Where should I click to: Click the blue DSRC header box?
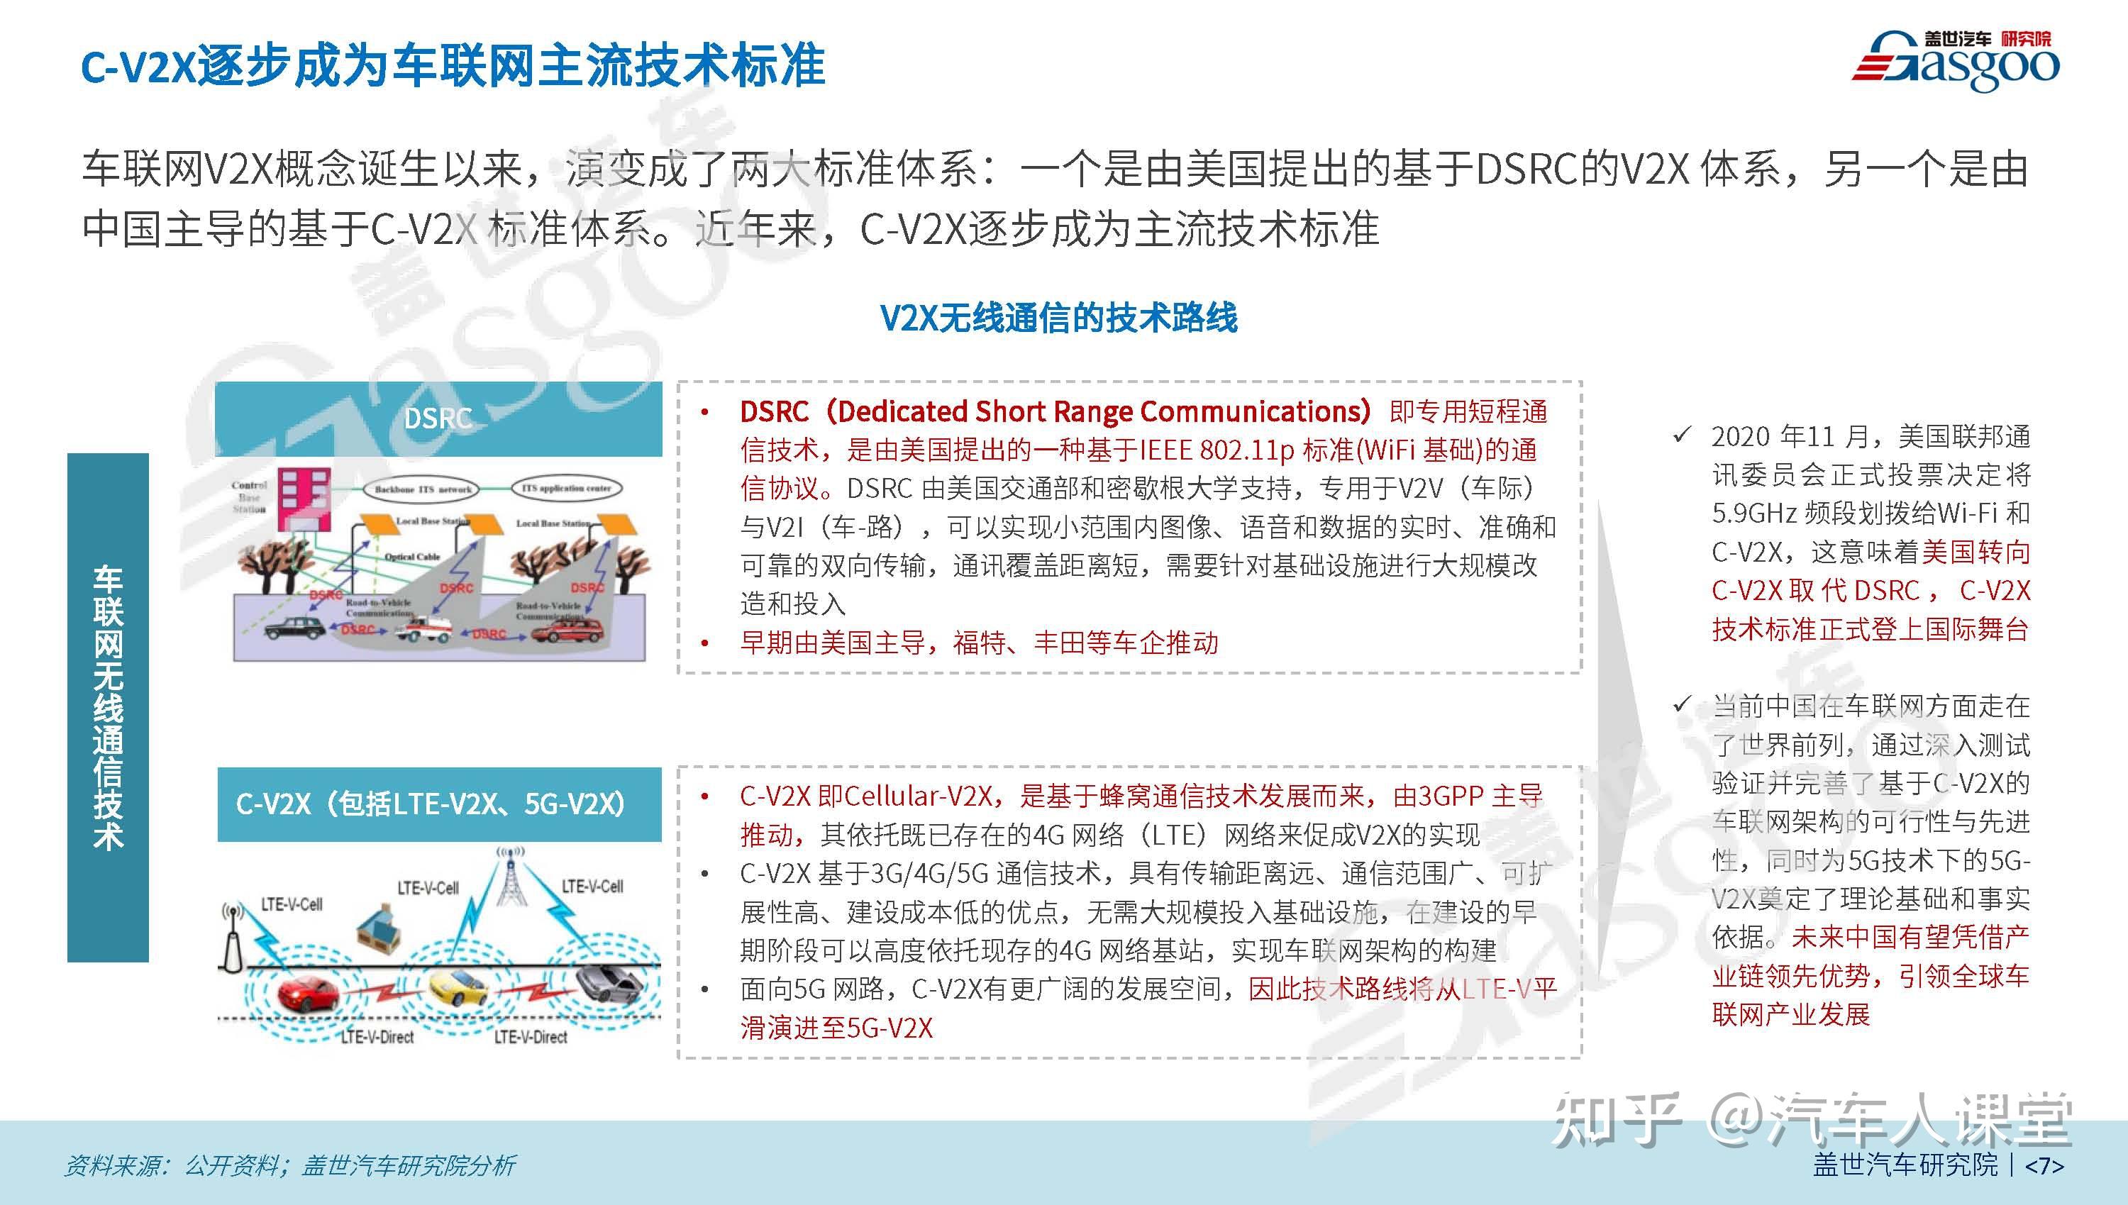click(x=438, y=418)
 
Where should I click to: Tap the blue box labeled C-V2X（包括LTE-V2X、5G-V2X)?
click(x=438, y=804)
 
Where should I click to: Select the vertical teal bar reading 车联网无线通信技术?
click(x=108, y=708)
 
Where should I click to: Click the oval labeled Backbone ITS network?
click(x=423, y=489)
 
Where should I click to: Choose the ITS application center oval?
click(x=566, y=488)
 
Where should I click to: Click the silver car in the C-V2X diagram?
click(x=609, y=982)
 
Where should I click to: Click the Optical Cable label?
click(x=412, y=557)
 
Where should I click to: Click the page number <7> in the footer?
click(x=2044, y=1165)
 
